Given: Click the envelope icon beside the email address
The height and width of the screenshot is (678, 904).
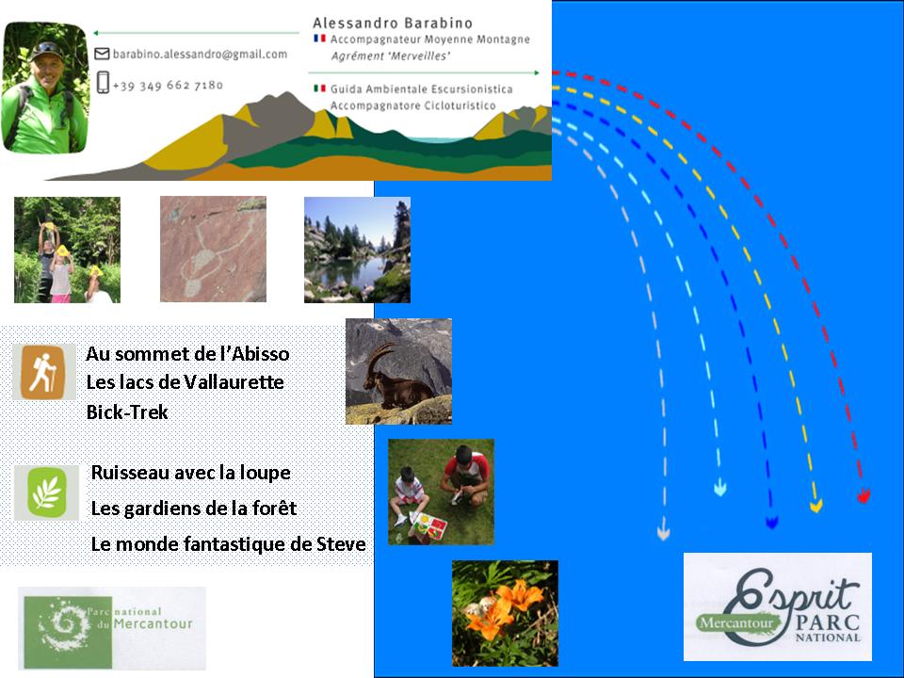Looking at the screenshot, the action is pos(102,54).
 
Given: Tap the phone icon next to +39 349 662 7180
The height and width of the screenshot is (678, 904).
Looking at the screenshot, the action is pos(103,83).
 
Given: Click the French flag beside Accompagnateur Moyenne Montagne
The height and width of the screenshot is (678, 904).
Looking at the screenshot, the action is pos(319,39).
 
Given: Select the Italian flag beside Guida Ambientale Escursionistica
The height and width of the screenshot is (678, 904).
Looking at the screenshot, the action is pos(319,89).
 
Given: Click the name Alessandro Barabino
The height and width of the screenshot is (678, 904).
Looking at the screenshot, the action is pos(393,23).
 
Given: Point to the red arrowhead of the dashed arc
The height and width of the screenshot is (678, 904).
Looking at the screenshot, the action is pos(864,495).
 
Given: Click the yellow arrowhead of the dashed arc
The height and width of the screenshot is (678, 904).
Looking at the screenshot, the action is pos(815,506).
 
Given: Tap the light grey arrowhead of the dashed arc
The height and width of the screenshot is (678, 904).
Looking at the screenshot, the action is pos(664,531).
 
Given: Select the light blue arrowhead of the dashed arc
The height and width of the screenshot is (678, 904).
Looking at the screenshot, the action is pos(720,489).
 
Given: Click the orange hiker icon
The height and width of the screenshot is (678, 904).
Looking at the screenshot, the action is pos(43,372).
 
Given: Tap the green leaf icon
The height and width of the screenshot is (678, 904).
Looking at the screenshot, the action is pos(47,492).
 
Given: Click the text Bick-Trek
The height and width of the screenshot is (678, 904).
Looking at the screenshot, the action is pos(127,412).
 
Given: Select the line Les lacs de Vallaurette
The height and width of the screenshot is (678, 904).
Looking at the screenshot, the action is pos(185,381).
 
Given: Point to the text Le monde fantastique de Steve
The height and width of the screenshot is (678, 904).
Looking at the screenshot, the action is pos(228,543).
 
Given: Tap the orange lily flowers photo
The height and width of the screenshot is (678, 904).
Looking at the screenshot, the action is pos(505,613).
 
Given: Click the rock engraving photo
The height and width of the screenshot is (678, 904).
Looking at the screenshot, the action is pos(214,249).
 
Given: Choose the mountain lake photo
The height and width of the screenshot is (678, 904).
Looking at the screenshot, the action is pos(358,250).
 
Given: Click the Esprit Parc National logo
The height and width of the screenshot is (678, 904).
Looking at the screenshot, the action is pos(777,606).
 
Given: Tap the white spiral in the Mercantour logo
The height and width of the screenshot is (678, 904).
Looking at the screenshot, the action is pos(65,624).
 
